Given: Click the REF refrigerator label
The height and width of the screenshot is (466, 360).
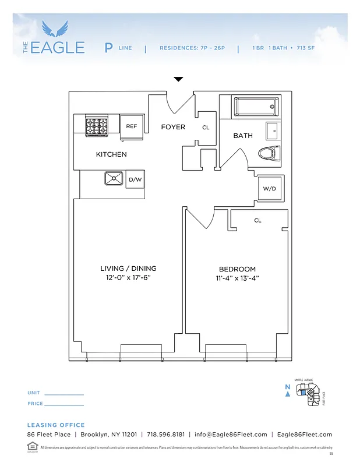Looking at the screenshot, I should pos(132,126).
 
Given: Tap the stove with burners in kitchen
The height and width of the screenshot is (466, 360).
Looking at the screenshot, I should pos(97,126).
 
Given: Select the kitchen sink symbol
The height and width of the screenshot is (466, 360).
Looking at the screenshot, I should pos(114,179).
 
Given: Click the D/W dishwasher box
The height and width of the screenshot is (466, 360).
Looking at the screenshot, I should pos(135,180).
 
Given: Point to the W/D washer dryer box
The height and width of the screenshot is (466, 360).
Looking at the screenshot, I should pos(269,189).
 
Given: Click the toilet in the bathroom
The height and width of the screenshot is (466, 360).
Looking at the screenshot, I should pos(269,153).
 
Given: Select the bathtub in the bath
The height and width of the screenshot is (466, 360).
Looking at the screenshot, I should pos(255,107).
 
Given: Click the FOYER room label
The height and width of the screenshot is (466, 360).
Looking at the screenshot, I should pos(173,127).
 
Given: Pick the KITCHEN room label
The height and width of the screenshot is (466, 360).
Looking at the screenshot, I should pos(111,154).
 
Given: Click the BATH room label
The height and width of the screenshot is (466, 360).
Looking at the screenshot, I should pos(243,136).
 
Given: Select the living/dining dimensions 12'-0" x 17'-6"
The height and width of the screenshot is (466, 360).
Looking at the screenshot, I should pos(128,278).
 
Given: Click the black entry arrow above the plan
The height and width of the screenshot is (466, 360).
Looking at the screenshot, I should pos(179,79).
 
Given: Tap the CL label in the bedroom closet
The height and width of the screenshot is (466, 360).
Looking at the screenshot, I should pos(257,221).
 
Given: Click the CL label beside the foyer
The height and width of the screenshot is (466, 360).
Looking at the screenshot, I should pos(206,128).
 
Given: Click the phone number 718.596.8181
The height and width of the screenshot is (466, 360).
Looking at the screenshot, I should pos(165,435).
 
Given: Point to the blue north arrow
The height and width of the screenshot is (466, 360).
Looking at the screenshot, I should pos(288,394).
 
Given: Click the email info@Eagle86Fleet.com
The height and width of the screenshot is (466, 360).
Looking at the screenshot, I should pos(231,435).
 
